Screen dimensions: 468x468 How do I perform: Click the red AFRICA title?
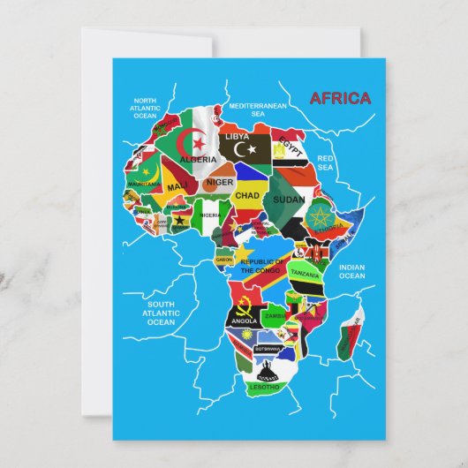[341, 98]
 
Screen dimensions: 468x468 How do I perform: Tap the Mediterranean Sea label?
[258, 109]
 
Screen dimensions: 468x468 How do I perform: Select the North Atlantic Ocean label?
[145, 108]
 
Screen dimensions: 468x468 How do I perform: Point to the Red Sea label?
[325, 162]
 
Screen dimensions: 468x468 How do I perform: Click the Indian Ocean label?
[351, 271]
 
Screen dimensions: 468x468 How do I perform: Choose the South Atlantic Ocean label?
[161, 313]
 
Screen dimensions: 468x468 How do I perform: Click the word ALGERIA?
[197, 159]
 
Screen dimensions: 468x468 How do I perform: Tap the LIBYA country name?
[237, 137]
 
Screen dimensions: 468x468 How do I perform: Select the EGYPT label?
[290, 141]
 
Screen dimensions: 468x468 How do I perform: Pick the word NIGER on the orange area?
[220, 183]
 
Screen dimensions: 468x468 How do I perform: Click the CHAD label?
[247, 195]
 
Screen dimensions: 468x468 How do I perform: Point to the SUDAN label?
[289, 200]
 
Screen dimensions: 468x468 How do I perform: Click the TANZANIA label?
[305, 275]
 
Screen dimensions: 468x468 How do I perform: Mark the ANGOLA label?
[244, 321]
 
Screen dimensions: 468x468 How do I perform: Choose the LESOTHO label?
[265, 387]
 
